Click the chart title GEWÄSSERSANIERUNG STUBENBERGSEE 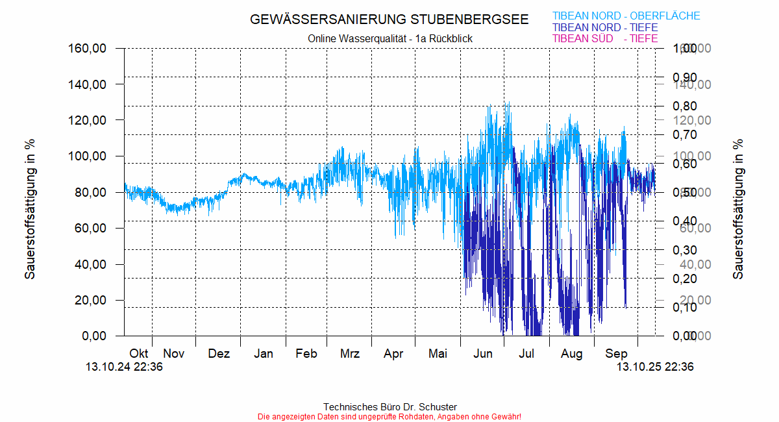click(389, 19)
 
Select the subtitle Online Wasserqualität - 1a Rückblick click(389, 39)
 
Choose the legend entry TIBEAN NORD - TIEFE click(604, 28)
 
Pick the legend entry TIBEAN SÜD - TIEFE click(604, 39)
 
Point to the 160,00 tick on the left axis click(88, 49)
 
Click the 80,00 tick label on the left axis click(92, 192)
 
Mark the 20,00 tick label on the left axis click(92, 300)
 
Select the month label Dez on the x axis click(219, 354)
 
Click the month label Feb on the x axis click(306, 354)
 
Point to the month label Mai click(438, 354)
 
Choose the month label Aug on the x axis click(572, 354)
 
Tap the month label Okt click(138, 354)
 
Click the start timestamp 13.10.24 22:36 click(124, 367)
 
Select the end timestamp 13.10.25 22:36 click(655, 367)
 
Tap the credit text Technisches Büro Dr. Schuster click(389, 407)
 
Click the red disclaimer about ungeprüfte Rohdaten click(389, 416)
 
